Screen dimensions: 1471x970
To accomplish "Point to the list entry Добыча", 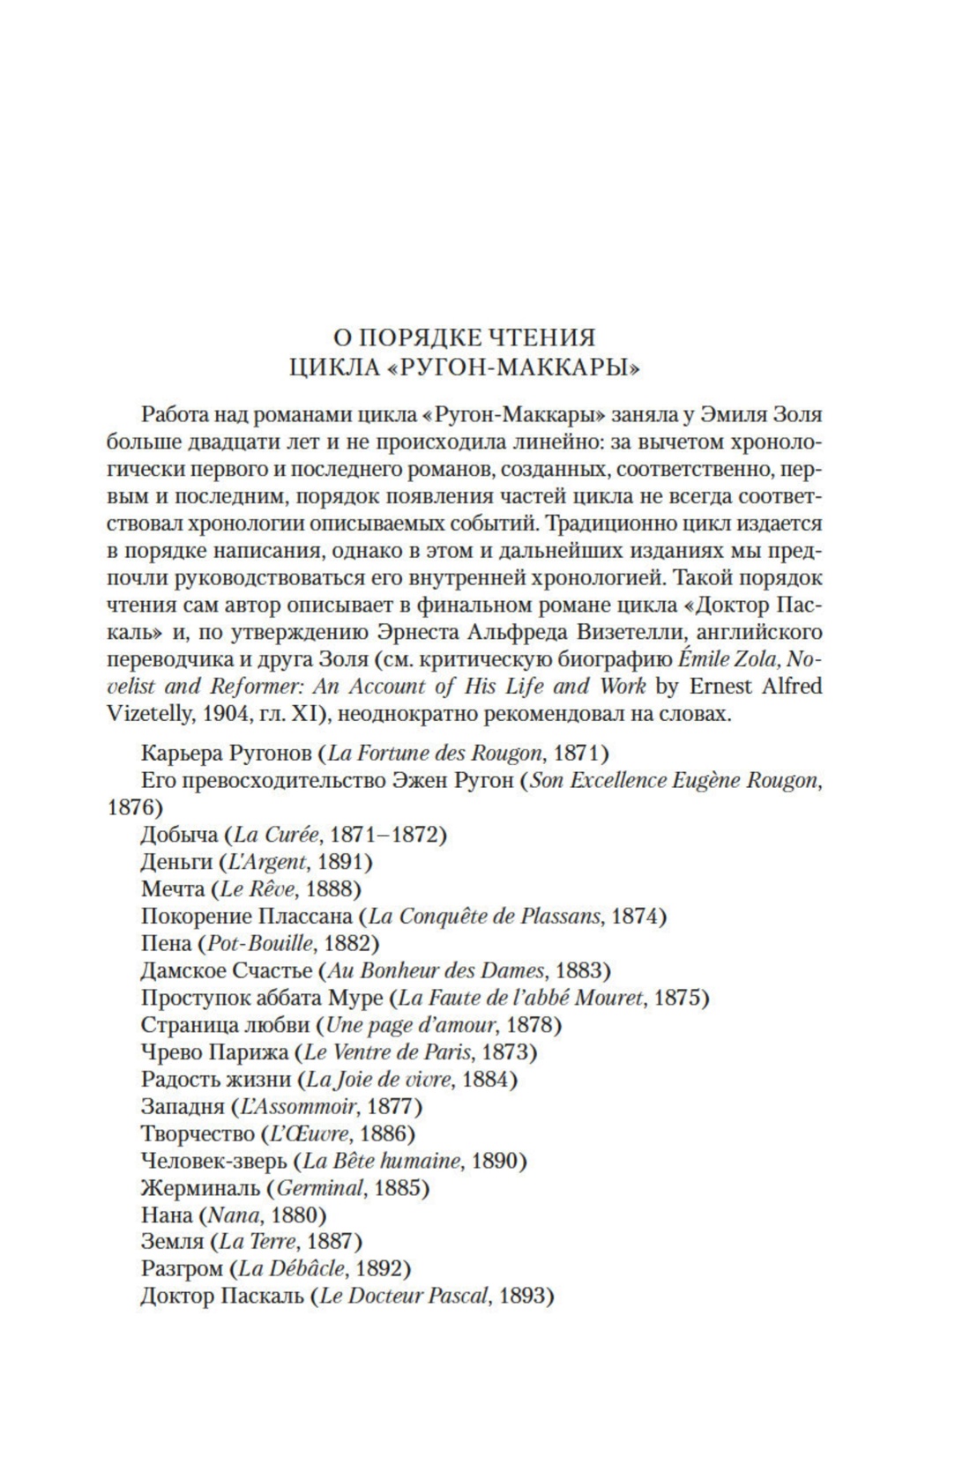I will pyautogui.click(x=178, y=834).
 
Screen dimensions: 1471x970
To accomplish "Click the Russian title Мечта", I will pyautogui.click(x=173, y=888).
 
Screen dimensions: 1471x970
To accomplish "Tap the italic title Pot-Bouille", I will pyautogui.click(x=260, y=943).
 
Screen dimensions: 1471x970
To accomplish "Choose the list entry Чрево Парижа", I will pyautogui.click(x=216, y=1051).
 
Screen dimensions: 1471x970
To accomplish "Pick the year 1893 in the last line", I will pyautogui.click(x=522, y=1296).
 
